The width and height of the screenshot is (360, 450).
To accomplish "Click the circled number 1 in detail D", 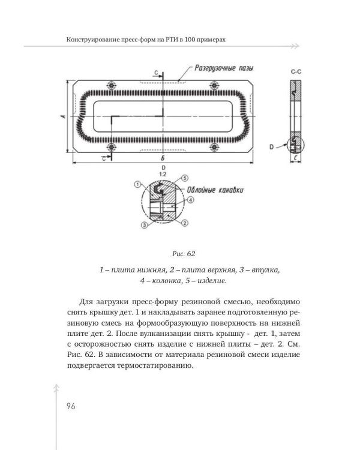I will click(137, 184).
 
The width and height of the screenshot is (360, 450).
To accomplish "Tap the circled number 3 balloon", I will click(144, 225).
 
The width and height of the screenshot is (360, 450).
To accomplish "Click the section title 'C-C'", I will click(295, 72).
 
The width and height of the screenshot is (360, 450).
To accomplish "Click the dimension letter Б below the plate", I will click(163, 157).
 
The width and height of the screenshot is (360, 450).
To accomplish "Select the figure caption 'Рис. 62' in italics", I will click(179, 253).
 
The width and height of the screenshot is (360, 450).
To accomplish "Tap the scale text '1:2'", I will click(163, 173).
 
